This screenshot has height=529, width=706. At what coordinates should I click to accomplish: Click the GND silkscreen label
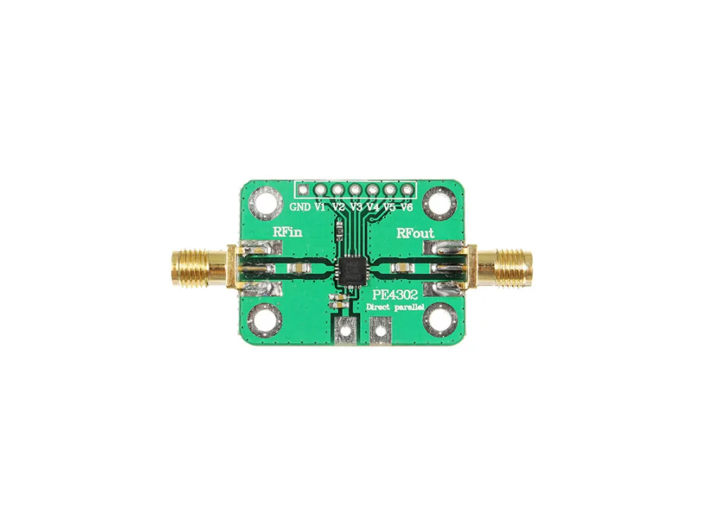(x=300, y=207)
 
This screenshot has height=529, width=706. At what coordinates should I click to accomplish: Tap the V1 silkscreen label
(x=320, y=207)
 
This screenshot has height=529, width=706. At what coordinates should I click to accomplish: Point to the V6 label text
(x=407, y=207)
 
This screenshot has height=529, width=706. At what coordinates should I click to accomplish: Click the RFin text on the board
(x=287, y=233)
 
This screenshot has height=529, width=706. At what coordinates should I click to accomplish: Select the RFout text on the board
(x=415, y=233)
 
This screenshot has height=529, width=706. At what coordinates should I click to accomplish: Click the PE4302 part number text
(x=395, y=295)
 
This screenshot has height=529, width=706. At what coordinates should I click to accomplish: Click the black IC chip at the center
(x=352, y=270)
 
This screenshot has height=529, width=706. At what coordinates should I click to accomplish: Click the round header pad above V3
(x=355, y=189)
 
